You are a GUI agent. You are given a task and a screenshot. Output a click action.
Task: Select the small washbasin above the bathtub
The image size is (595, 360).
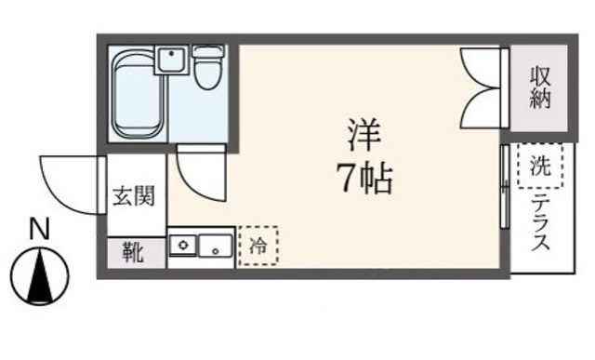[171, 61]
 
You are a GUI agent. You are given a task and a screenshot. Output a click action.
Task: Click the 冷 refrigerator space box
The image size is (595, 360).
[258, 247]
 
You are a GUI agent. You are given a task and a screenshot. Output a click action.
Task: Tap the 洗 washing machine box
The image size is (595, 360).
[540, 167]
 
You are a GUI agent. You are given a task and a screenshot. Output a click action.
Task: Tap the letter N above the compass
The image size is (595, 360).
[38, 229]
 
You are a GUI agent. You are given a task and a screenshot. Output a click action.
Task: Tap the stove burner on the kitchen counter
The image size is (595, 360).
[184, 247]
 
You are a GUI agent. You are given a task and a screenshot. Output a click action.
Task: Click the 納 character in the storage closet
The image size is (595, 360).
[540, 98]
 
